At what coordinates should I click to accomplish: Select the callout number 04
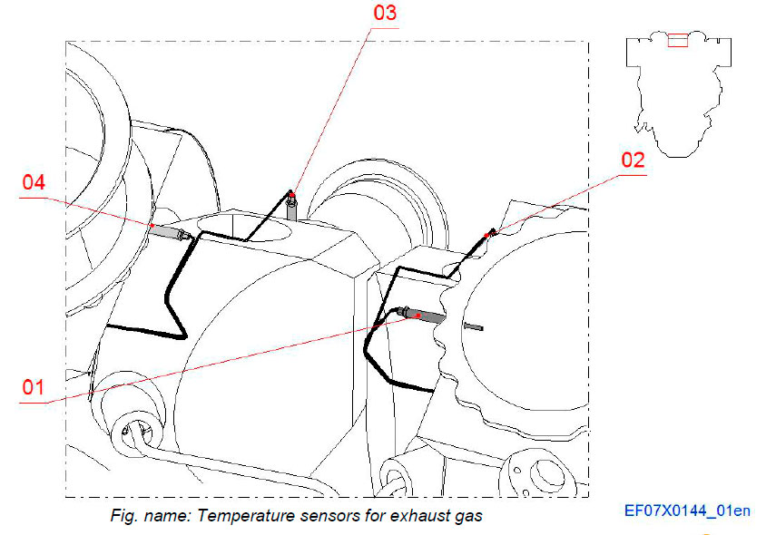point(34,182)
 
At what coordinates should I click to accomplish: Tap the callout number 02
point(633,160)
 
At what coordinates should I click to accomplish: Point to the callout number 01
point(34,387)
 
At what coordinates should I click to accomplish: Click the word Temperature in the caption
point(234,517)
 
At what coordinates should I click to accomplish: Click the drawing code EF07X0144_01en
point(687,511)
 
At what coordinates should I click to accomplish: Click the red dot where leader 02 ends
point(488,235)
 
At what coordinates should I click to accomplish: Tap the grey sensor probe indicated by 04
point(166,232)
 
